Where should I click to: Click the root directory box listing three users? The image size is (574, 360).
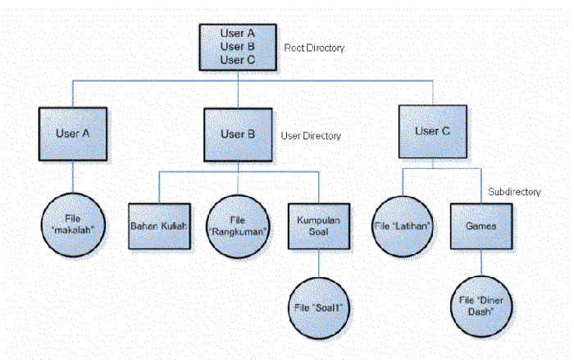238,48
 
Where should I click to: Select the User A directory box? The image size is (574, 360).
73,134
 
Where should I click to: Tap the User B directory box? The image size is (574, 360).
238,134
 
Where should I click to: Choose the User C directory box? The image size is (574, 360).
433,132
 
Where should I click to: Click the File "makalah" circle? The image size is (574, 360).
73,225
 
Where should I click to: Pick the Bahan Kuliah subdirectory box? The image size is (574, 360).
159,226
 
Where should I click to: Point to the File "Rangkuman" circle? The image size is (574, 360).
238,226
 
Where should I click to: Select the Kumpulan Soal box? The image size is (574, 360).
319,226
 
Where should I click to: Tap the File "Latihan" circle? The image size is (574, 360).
403,226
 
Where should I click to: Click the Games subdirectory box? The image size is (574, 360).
481,226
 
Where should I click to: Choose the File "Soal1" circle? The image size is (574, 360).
319,308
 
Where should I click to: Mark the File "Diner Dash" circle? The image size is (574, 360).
481,306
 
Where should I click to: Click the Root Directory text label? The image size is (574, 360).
314,48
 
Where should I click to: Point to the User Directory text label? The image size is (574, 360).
311,136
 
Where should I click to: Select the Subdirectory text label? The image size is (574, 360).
514,192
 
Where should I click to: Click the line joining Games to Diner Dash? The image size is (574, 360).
481,262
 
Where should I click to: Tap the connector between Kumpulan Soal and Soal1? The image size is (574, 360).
319,263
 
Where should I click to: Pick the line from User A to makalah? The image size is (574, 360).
73,177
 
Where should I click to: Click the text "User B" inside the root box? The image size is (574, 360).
238,47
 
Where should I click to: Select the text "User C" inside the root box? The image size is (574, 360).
238,60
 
